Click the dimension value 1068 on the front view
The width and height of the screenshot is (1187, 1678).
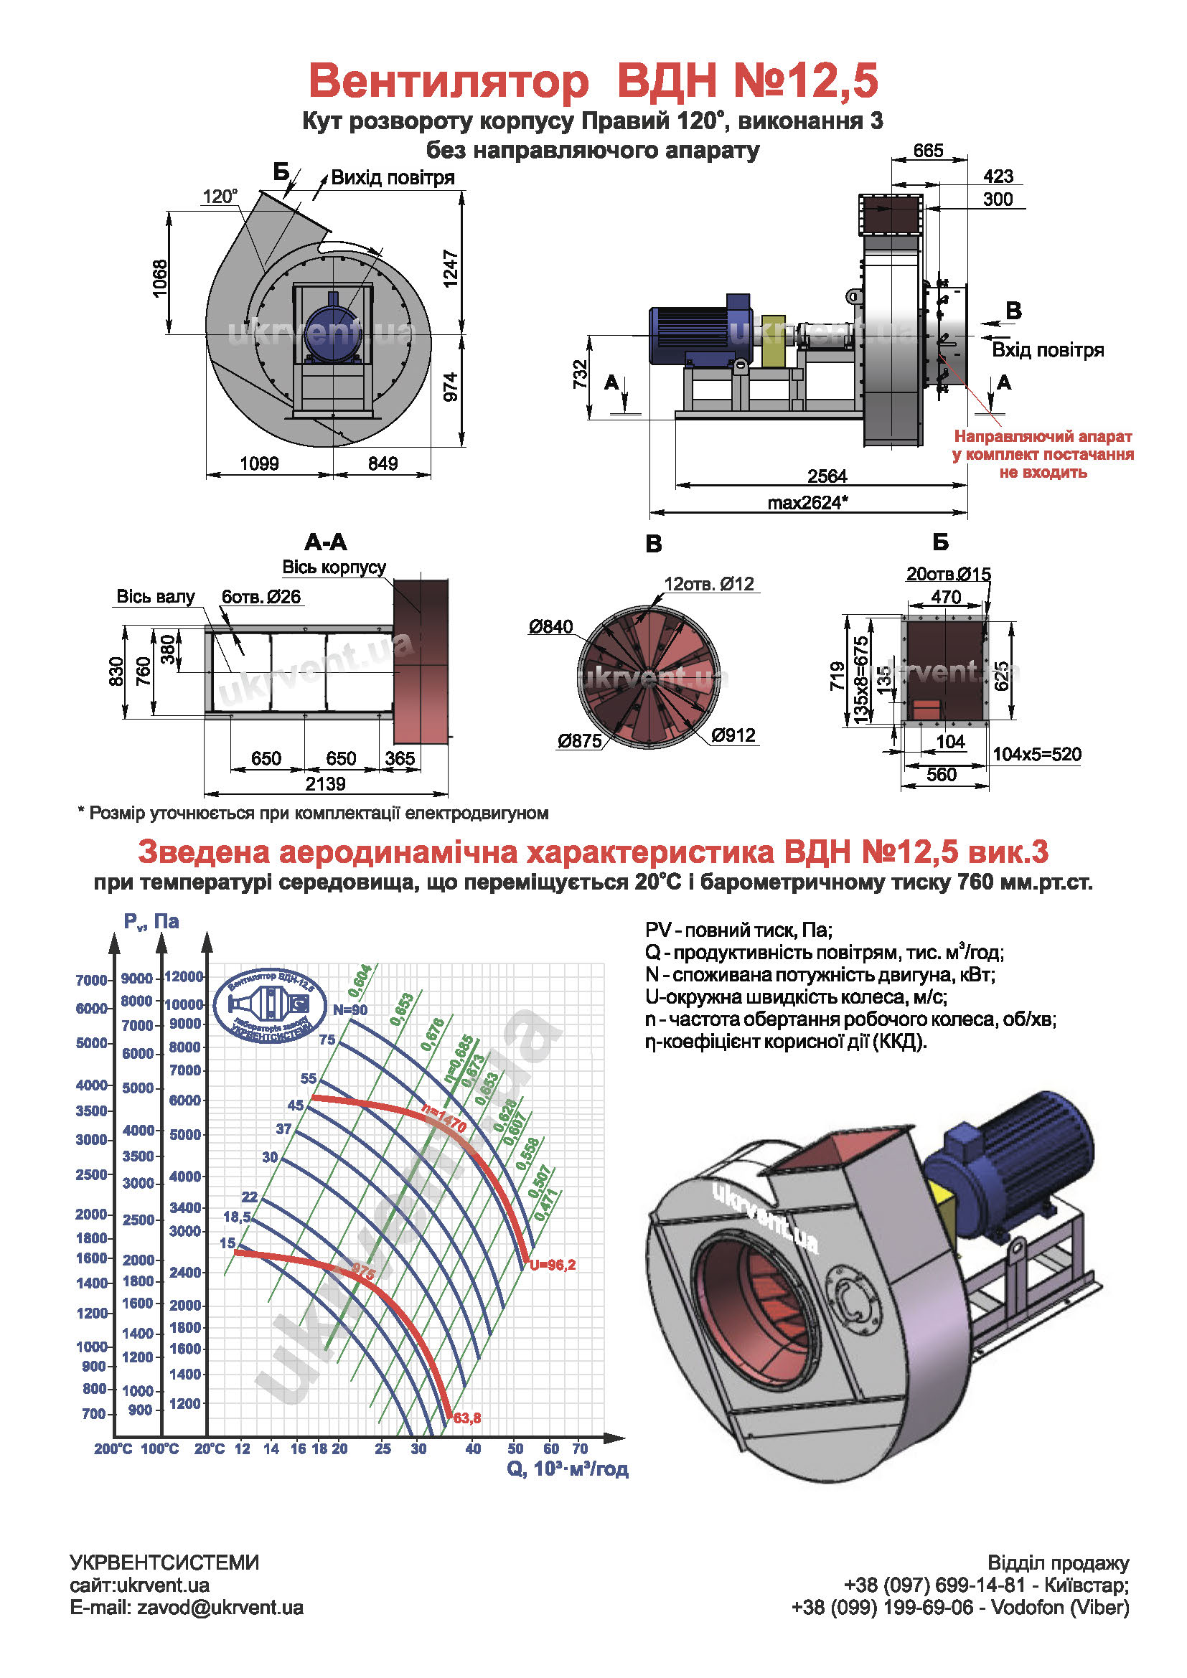point(160,278)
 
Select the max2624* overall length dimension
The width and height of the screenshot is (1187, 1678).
point(807,503)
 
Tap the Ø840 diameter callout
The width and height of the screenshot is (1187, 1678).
point(551,627)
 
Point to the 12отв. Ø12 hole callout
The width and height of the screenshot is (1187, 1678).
point(708,584)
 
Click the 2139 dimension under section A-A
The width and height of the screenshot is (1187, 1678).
point(325,784)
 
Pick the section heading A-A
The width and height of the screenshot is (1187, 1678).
point(326,542)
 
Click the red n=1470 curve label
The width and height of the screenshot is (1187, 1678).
point(444,1118)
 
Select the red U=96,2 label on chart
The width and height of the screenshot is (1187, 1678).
point(553,1265)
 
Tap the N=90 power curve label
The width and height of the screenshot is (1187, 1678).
point(350,1010)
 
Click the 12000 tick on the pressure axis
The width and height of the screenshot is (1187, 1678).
point(184,977)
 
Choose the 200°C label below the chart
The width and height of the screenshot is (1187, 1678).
point(113,1448)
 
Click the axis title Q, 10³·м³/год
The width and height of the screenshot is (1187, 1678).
point(567,1469)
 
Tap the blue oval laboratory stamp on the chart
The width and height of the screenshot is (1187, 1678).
point(271,1005)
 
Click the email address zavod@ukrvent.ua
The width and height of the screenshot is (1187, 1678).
point(220,1608)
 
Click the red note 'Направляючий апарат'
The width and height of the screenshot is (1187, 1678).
point(1043,437)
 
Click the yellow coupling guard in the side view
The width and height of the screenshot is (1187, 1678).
point(773,341)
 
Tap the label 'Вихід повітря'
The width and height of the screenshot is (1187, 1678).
point(393,178)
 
